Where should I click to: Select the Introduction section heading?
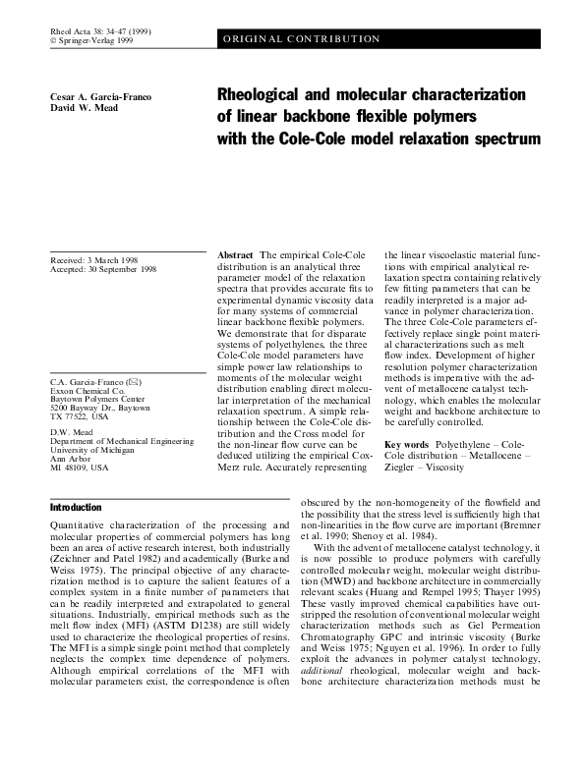pyautogui.click(x=76, y=507)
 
